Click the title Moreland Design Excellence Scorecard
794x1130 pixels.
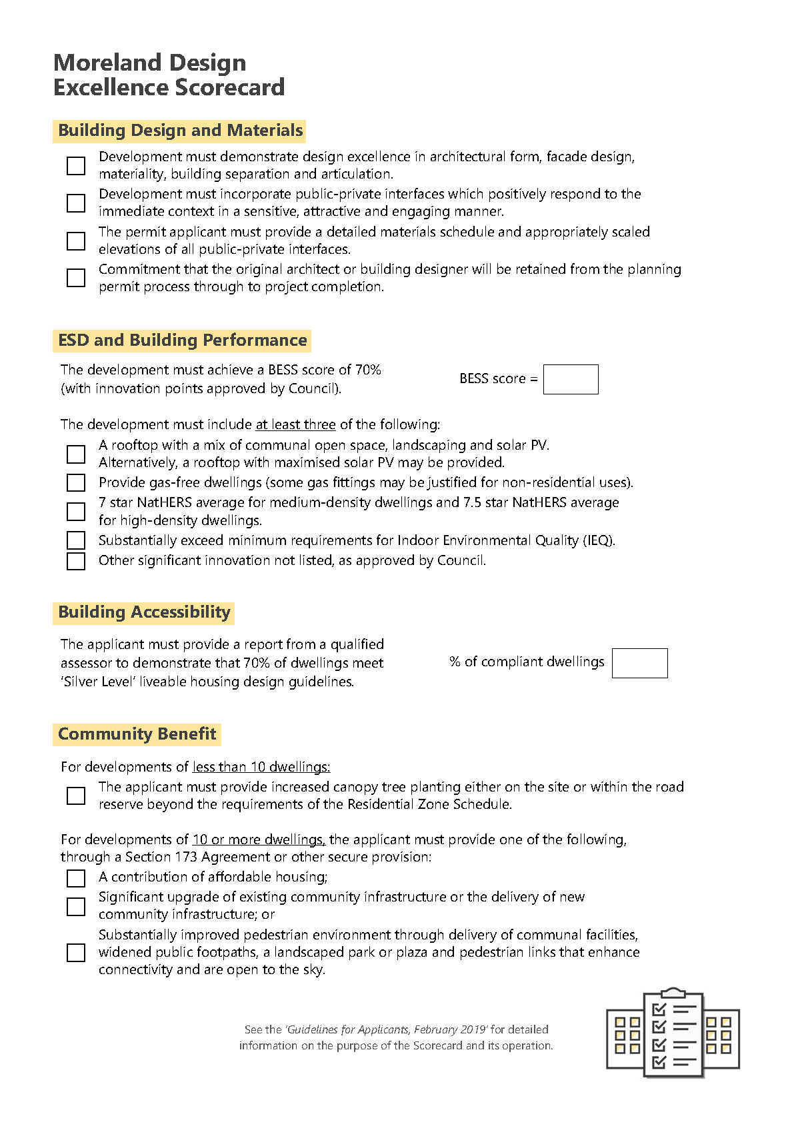(x=169, y=75)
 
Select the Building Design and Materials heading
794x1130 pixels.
(x=180, y=131)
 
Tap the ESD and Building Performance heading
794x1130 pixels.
(x=182, y=340)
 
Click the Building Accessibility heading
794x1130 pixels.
(x=144, y=612)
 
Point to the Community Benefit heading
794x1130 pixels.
(x=137, y=734)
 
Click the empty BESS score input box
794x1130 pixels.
(x=570, y=379)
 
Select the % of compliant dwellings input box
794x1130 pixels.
(x=639, y=663)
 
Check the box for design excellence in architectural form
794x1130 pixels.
(x=76, y=165)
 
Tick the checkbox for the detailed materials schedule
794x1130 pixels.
(x=76, y=241)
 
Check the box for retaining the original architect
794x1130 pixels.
(x=76, y=278)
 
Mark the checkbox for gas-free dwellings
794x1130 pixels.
(x=76, y=482)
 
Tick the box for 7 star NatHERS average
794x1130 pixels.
(x=76, y=511)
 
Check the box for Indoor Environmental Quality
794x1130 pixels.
(x=76, y=540)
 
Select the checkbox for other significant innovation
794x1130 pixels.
(x=76, y=561)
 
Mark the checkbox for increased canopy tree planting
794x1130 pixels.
(x=76, y=796)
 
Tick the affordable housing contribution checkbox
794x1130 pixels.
(x=76, y=878)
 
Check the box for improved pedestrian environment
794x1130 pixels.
(x=76, y=952)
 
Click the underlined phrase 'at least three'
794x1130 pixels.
(x=295, y=424)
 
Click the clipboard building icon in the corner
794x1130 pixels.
(x=672, y=1033)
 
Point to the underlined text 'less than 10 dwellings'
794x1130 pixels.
(x=261, y=767)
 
